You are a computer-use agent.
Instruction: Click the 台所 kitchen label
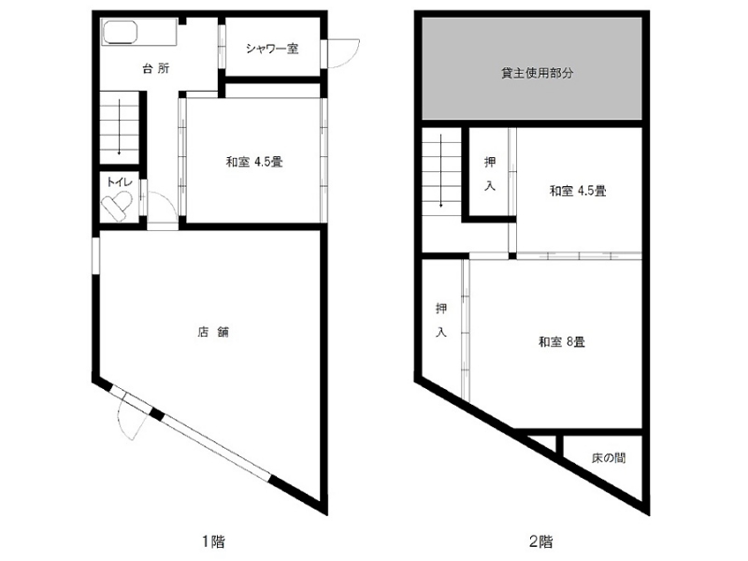coord(156,68)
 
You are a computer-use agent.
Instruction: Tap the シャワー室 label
coord(272,49)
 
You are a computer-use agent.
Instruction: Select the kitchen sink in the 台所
coord(120,33)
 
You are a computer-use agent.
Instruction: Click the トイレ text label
coord(120,181)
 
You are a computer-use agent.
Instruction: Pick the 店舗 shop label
coord(213,332)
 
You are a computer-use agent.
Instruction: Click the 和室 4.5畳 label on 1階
coord(254,162)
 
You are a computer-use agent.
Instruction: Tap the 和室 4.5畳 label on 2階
coord(578,192)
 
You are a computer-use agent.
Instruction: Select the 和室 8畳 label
coord(562,342)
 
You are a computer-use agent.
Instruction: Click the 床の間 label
coord(609,458)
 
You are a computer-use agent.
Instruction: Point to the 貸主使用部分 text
coord(537,73)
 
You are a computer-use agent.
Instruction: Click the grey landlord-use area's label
coord(537,73)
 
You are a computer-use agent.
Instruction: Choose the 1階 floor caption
coord(213,541)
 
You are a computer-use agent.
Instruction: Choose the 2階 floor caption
coord(541,541)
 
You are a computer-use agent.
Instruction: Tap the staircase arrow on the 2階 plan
coord(441,171)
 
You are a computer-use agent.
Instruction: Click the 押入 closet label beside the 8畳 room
coord(441,320)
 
